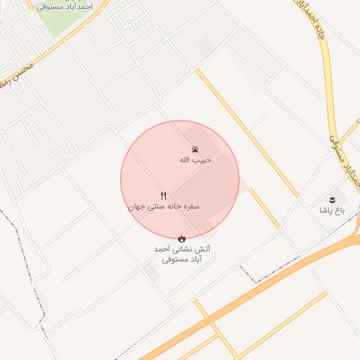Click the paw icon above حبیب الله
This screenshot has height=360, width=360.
point(195,149)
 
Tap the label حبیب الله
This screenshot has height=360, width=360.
point(195,160)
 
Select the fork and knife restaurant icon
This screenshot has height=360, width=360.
point(164,196)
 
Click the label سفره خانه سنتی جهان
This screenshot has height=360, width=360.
point(164,207)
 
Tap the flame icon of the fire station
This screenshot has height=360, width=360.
point(181,238)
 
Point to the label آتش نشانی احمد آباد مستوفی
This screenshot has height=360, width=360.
point(181,254)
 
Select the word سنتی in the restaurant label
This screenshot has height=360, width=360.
point(155,207)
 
